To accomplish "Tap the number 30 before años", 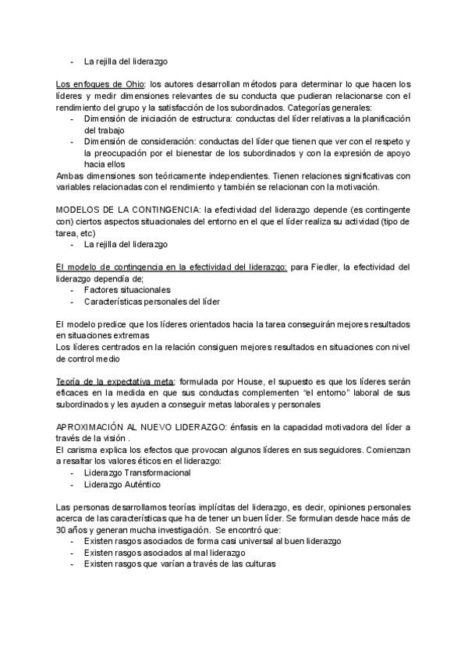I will (62, 529).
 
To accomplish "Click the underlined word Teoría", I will (70, 382).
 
